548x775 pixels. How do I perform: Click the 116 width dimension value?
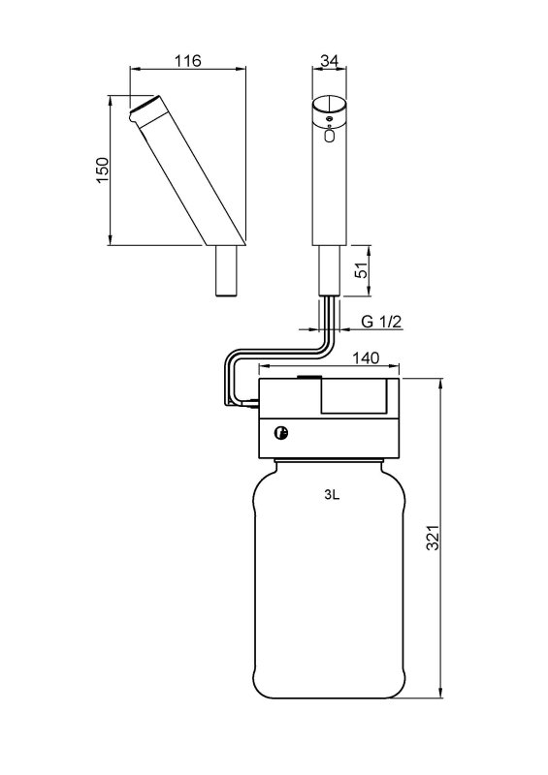[x=187, y=61]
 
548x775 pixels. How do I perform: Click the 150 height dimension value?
[x=102, y=170]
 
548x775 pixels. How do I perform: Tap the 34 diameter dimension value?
[x=329, y=60]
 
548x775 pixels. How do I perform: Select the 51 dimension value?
[x=363, y=270]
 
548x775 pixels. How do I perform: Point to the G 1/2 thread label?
[x=381, y=322]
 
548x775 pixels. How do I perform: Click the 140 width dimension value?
[x=366, y=357]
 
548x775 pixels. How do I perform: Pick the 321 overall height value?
[x=434, y=538]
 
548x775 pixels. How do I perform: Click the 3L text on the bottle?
[x=332, y=495]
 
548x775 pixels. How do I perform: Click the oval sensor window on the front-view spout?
[x=330, y=135]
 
